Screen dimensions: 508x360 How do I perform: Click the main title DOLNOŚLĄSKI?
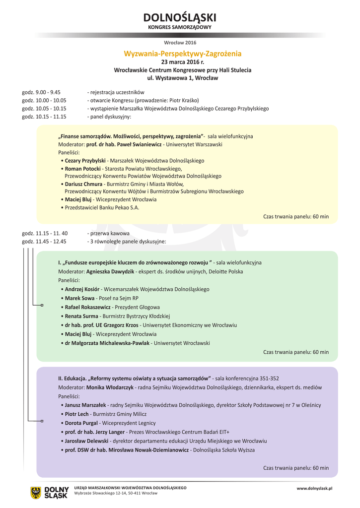point(180,18)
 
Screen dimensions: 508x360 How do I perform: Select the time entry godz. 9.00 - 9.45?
point(41,92)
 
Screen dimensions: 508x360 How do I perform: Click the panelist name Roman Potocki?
point(82,169)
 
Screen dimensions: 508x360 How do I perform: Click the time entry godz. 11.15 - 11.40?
point(45,233)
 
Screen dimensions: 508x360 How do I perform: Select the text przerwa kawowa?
point(110,233)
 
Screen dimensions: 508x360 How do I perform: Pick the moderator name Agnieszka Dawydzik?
point(110,272)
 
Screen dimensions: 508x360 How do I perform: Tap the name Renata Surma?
point(81,316)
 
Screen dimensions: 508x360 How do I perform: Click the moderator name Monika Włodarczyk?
point(110,387)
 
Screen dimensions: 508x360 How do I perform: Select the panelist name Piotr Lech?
point(76,414)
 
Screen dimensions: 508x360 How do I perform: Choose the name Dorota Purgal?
point(82,423)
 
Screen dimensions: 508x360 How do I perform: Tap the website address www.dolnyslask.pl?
point(314,489)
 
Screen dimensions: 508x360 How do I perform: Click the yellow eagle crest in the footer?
point(36,492)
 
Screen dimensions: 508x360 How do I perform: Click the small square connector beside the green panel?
point(42,305)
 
